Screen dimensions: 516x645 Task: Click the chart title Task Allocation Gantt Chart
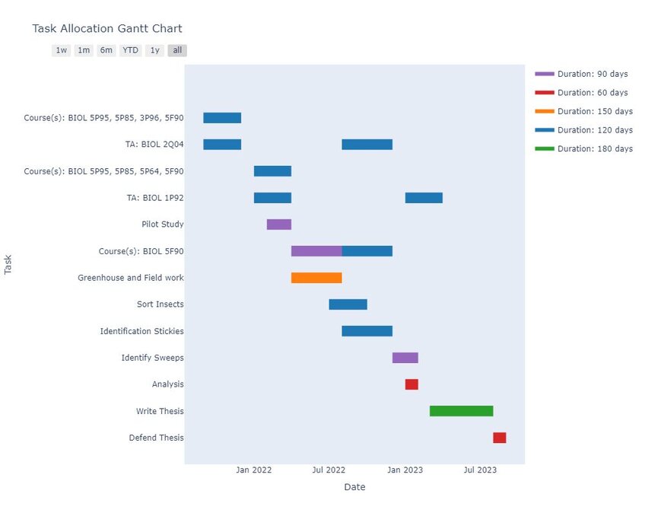pyautogui.click(x=106, y=29)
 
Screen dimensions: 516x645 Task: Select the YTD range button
pyautogui.click(x=130, y=50)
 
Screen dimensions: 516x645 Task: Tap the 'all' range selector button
pyautogui.click(x=177, y=50)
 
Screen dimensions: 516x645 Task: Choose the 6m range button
pyautogui.click(x=106, y=50)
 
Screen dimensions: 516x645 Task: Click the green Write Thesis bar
pyautogui.click(x=461, y=411)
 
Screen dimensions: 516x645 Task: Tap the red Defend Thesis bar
pyautogui.click(x=499, y=438)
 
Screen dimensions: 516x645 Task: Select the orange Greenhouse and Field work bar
pyautogui.click(x=316, y=278)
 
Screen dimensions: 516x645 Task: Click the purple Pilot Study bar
pyautogui.click(x=278, y=225)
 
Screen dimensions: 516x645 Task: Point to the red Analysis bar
pyautogui.click(x=411, y=384)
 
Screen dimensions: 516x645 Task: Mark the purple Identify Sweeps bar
pyautogui.click(x=405, y=358)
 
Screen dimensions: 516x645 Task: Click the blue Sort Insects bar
pyautogui.click(x=348, y=304)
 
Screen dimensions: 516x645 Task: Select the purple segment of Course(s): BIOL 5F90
pyautogui.click(x=316, y=251)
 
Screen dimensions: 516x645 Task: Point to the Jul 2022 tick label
pyautogui.click(x=329, y=470)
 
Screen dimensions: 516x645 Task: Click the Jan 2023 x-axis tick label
pyautogui.click(x=405, y=470)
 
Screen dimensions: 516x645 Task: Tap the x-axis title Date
pyautogui.click(x=354, y=487)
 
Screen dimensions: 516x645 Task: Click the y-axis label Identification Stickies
pyautogui.click(x=141, y=331)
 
